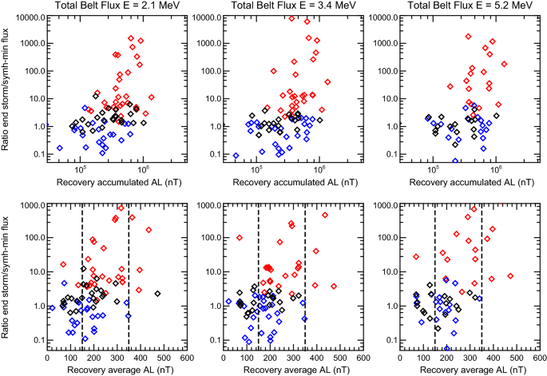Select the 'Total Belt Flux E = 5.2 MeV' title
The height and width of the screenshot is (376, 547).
click(x=454, y=6)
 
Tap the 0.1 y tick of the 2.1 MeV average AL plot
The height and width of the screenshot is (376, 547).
click(x=35, y=341)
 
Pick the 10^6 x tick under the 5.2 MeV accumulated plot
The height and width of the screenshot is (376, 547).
click(x=496, y=170)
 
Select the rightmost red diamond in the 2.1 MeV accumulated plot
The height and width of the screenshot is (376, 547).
click(x=151, y=97)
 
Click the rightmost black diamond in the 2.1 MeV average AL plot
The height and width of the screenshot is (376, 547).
click(x=157, y=294)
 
